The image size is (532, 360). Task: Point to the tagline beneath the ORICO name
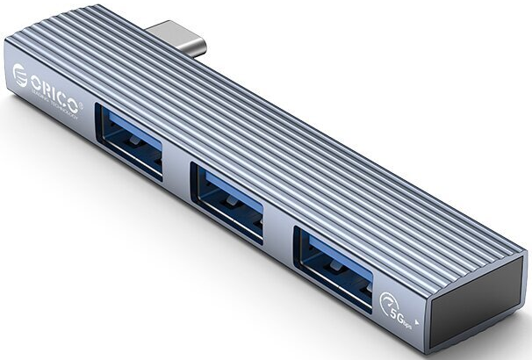(x=58, y=100)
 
